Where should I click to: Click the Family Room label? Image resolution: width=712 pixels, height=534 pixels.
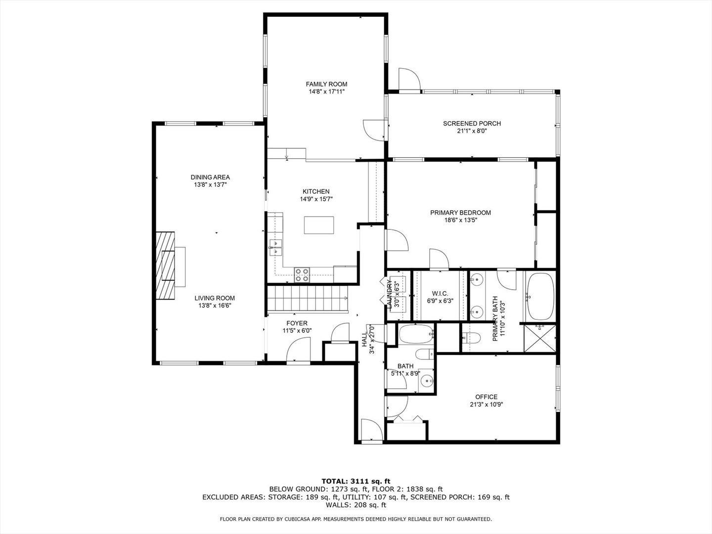(326, 84)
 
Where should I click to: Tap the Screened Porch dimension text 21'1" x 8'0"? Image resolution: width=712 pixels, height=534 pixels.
(472, 131)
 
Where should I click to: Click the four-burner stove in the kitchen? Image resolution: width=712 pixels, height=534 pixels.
(302, 274)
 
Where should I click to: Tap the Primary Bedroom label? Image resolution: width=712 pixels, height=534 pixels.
(460, 213)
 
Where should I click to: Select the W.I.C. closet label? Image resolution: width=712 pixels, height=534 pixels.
(440, 293)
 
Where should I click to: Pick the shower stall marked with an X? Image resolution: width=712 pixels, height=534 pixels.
(540, 338)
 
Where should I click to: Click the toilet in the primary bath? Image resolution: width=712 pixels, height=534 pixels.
(471, 338)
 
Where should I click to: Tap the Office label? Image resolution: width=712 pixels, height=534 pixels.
(486, 397)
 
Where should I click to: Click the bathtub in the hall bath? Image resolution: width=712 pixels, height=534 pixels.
(415, 335)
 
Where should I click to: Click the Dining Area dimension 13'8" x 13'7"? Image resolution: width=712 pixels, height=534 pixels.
(210, 184)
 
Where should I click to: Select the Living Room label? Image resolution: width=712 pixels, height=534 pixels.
(214, 298)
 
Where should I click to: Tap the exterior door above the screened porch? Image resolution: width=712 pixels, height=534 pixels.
(409, 79)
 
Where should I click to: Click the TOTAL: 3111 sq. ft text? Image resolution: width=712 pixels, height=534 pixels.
(356, 481)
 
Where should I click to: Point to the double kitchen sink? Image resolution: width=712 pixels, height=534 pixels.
(275, 248)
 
